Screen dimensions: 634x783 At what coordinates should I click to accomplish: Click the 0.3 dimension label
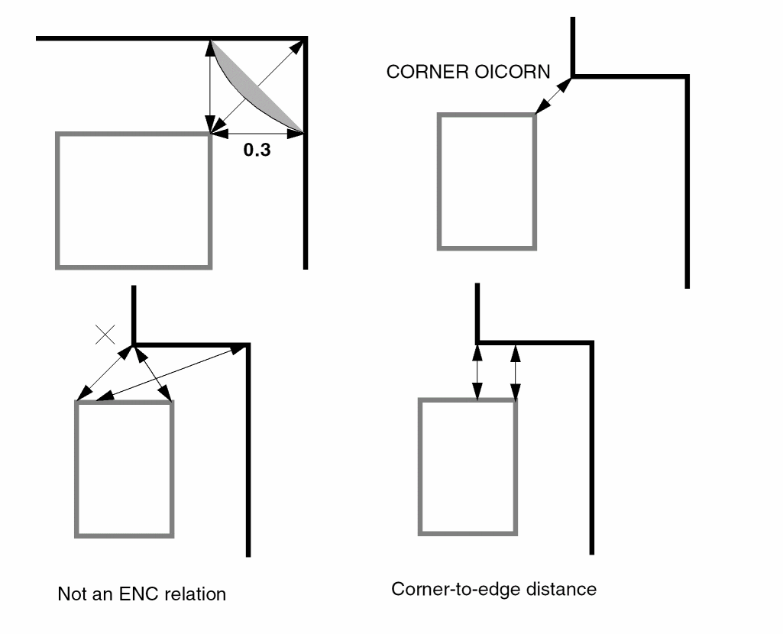pyautogui.click(x=257, y=150)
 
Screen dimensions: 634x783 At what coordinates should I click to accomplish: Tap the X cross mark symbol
pyautogui.click(x=105, y=333)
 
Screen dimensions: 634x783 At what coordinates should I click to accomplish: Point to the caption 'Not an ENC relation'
pyautogui.click(x=141, y=594)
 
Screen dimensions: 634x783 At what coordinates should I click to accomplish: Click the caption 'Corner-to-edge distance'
pyautogui.click(x=493, y=589)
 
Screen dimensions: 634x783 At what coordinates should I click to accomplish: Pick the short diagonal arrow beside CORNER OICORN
pyautogui.click(x=554, y=95)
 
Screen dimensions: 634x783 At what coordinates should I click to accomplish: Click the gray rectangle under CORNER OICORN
pyautogui.click(x=487, y=182)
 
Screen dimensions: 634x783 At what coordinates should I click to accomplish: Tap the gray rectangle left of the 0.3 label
pyautogui.click(x=134, y=200)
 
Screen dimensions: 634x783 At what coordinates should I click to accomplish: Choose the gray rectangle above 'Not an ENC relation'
pyautogui.click(x=125, y=468)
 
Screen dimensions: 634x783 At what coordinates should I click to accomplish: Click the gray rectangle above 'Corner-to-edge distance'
pyautogui.click(x=468, y=467)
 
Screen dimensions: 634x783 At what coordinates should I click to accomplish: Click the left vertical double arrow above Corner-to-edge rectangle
pyautogui.click(x=477, y=372)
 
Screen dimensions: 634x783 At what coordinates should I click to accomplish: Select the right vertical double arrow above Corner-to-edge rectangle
pyautogui.click(x=515, y=372)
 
